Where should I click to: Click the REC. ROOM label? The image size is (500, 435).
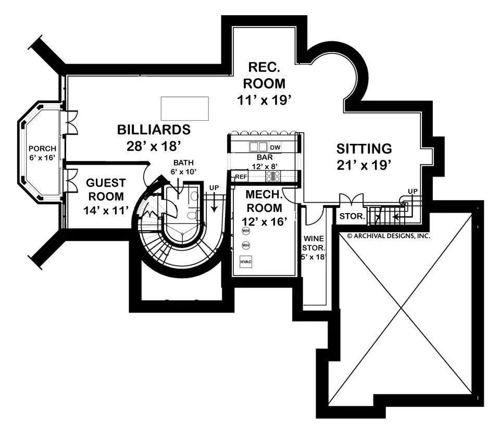(x=266, y=75)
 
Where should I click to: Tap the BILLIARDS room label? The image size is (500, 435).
(x=153, y=129)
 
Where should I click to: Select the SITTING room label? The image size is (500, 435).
(x=364, y=148)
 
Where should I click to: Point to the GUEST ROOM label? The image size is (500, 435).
(x=106, y=189)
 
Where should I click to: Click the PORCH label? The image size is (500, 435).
(x=42, y=149)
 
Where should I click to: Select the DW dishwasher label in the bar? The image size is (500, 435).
(x=276, y=148)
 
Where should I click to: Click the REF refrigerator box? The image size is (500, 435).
(x=240, y=177)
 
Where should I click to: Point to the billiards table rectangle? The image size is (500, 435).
(x=185, y=108)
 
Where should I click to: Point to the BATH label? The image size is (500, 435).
(x=183, y=163)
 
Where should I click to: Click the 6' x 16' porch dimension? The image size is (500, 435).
(x=42, y=158)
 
